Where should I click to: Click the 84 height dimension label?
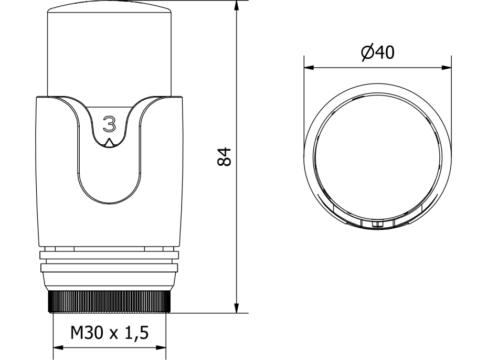coord(224,157)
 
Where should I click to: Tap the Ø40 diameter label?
coord(378,52)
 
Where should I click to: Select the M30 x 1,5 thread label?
coord(110,333)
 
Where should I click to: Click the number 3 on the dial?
coord(109,124)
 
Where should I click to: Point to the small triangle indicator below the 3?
coord(109,143)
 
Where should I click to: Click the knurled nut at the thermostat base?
coord(109,302)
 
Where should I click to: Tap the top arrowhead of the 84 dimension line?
coord(237,6)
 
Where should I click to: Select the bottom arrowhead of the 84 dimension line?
coord(237,308)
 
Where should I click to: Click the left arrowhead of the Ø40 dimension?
coord(309,67)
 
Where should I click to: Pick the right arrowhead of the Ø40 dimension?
coord(446,67)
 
